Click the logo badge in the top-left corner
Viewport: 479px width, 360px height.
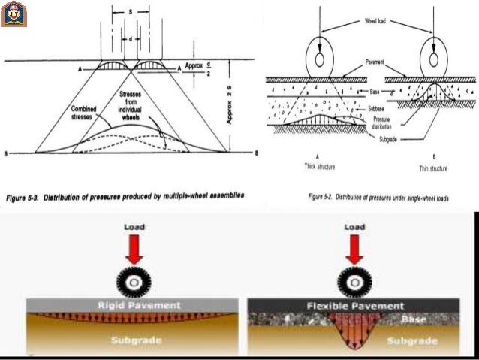pyautogui.click(x=14, y=14)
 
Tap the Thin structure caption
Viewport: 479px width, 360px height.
pyautogui.click(x=433, y=168)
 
